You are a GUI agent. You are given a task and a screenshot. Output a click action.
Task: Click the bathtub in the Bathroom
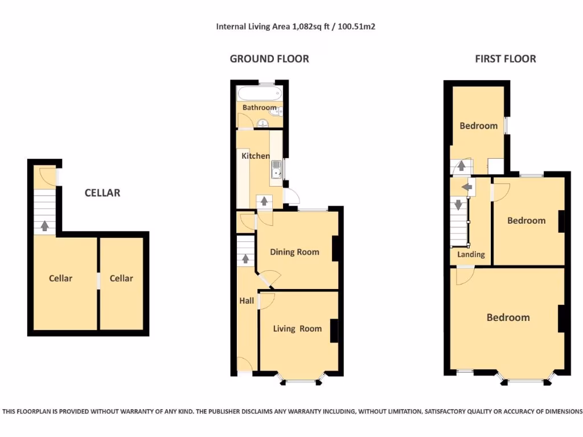259,94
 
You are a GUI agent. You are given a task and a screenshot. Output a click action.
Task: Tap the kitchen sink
276,169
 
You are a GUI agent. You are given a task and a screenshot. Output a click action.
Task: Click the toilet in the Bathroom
278,111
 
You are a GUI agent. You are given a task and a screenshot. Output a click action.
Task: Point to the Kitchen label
256,156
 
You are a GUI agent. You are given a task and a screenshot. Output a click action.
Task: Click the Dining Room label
294,252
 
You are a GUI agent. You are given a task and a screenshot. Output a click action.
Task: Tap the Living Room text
297,328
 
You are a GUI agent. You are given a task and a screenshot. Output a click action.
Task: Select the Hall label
247,300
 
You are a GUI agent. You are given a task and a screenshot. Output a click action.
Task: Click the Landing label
471,254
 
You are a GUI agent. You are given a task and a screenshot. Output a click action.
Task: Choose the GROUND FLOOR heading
269,59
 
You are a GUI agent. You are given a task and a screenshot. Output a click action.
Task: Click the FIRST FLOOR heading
505,59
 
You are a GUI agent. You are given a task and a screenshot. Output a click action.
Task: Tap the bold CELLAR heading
102,193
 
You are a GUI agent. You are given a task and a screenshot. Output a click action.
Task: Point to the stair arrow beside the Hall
246,259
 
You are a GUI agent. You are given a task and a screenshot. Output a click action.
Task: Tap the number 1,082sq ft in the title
311,27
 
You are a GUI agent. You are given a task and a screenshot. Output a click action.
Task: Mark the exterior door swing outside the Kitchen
291,197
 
